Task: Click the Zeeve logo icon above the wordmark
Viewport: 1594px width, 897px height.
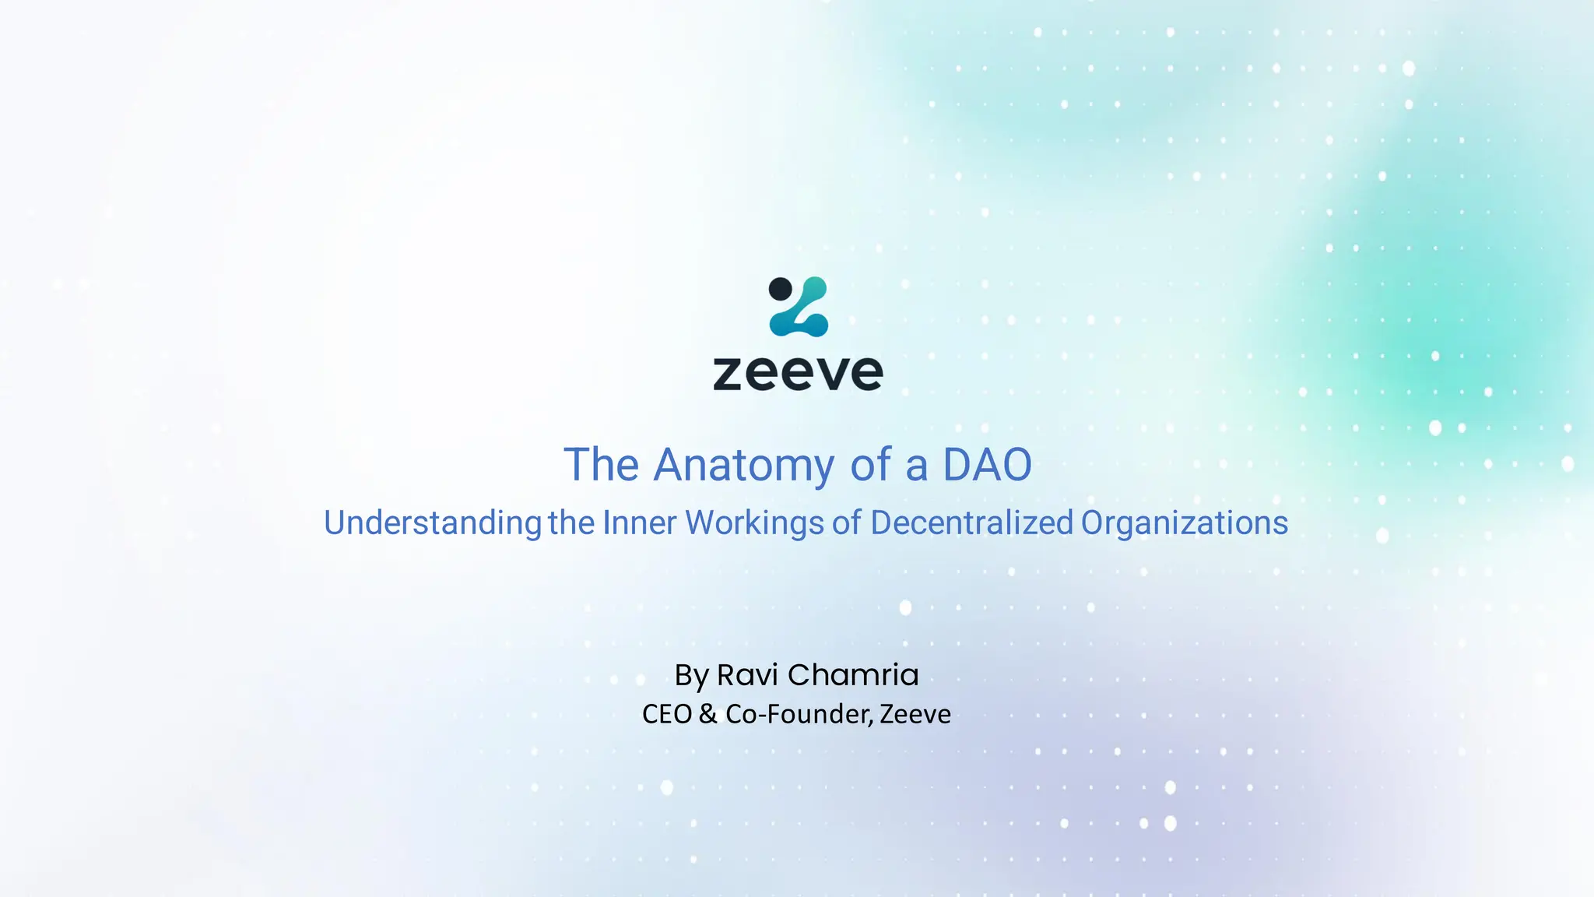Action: [x=799, y=307]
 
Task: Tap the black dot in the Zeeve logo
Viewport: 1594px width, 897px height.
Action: [x=780, y=289]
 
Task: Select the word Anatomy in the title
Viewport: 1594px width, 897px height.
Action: [x=743, y=466]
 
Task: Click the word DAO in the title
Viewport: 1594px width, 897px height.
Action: [x=987, y=465]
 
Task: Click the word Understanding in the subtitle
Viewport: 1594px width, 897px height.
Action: [x=432, y=523]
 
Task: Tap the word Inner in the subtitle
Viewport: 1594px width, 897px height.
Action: [x=639, y=522]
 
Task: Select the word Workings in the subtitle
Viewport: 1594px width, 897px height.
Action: [x=754, y=523]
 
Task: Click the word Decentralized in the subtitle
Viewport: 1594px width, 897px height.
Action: [x=971, y=522]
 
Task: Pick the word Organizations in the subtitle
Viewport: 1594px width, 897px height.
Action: [x=1184, y=523]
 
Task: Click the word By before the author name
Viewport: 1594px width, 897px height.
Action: [x=691, y=676]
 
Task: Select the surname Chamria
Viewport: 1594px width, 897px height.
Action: [x=853, y=675]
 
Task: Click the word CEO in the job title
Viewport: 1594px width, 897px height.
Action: [x=666, y=714]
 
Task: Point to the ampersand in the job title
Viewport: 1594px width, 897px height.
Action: [x=707, y=714]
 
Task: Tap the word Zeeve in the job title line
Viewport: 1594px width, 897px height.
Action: [x=915, y=714]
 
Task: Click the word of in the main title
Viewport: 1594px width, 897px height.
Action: [x=870, y=465]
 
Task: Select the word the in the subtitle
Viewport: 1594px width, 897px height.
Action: [x=571, y=522]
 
